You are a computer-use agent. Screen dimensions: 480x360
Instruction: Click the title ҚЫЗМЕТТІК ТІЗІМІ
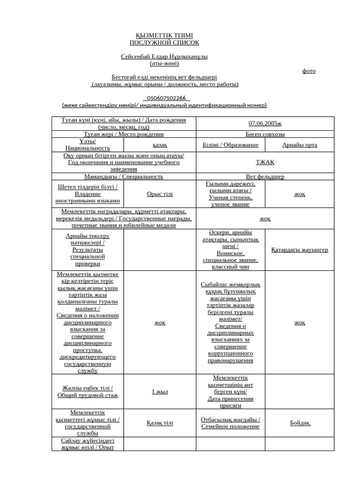click(x=164, y=36)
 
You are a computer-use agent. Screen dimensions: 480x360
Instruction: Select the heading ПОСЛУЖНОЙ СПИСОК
click(x=164, y=43)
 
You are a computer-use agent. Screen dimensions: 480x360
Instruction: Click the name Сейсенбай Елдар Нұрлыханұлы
click(x=164, y=57)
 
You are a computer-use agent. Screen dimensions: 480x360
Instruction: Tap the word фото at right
click(x=308, y=71)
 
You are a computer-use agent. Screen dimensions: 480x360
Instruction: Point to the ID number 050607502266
click(x=166, y=98)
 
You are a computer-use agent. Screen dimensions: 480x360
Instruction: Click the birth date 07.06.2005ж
click(x=265, y=123)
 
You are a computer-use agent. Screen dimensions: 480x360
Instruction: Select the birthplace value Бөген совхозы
click(x=265, y=134)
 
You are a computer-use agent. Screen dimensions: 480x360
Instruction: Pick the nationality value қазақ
click(x=159, y=145)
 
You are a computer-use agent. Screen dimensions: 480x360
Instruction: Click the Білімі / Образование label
click(x=230, y=145)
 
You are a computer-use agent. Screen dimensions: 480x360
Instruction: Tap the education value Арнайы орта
click(x=300, y=145)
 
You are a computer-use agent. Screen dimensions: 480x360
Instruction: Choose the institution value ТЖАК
click(x=265, y=162)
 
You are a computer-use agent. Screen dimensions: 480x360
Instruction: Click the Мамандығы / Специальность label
click(x=124, y=177)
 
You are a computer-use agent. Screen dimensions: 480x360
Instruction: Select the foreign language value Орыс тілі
click(x=159, y=194)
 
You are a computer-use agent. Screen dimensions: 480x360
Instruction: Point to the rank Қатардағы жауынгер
click(x=300, y=250)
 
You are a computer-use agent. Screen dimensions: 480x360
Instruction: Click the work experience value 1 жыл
click(x=159, y=391)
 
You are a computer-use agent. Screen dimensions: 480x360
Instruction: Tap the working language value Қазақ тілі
click(x=159, y=423)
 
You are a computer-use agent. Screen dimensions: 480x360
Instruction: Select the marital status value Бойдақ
click(x=300, y=423)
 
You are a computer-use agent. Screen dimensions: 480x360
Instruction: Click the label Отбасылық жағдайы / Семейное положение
click(x=230, y=423)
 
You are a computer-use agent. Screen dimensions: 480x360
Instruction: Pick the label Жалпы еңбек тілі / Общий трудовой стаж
click(x=88, y=391)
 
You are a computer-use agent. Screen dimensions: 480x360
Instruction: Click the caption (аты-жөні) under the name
click(x=164, y=63)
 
